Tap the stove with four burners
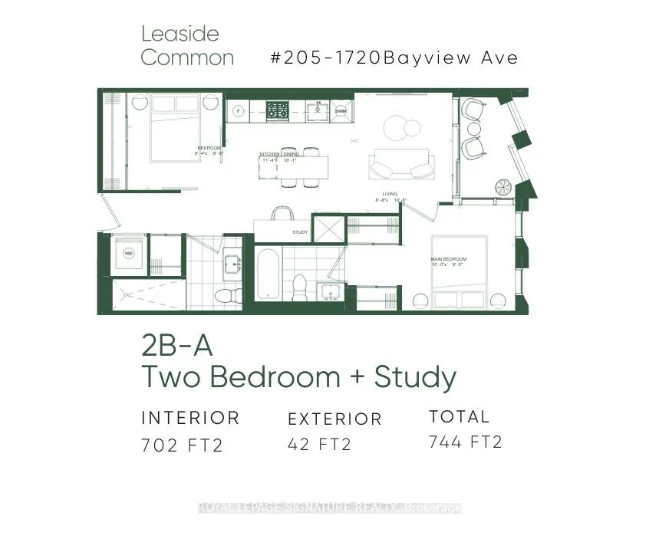click(277, 110)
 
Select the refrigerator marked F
click(238, 111)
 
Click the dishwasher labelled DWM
click(342, 111)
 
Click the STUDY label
click(300, 232)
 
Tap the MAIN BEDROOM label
click(448, 260)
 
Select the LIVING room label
click(390, 194)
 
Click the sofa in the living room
click(401, 162)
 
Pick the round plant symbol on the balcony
click(505, 187)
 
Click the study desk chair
click(282, 212)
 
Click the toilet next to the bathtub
click(299, 287)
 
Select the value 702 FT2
click(182, 445)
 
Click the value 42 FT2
click(319, 444)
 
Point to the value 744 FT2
click(466, 442)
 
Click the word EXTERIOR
click(334, 419)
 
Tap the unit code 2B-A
click(176, 346)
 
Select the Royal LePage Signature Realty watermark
click(330, 508)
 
